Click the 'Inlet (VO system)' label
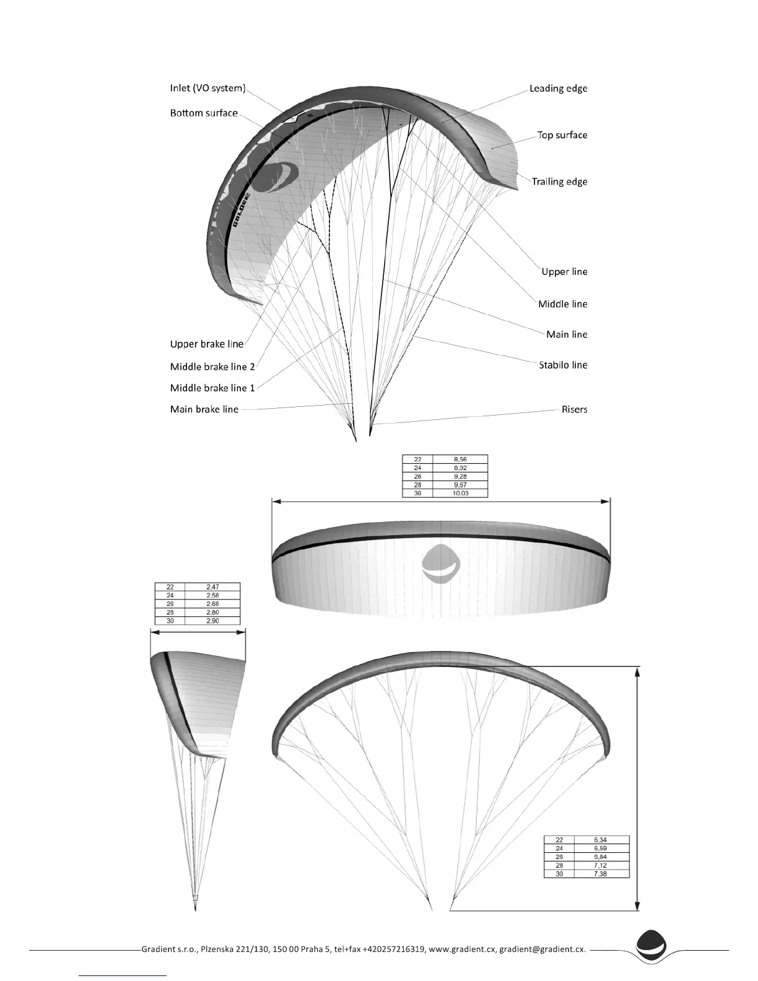[x=207, y=88]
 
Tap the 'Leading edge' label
[x=558, y=88]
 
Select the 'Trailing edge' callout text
[x=559, y=181]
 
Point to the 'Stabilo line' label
[x=562, y=365]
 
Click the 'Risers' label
[x=574, y=409]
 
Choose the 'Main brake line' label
[x=204, y=409]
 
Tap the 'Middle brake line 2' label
[x=212, y=367]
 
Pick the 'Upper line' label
[x=564, y=271]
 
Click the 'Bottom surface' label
[x=204, y=113]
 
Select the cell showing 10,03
[x=460, y=494]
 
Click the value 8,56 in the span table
[x=460, y=460]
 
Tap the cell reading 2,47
[x=213, y=586]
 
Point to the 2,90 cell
[x=213, y=621]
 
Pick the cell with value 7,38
[x=601, y=873]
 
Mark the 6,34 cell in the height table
[x=601, y=840]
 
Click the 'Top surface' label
[x=562, y=135]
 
